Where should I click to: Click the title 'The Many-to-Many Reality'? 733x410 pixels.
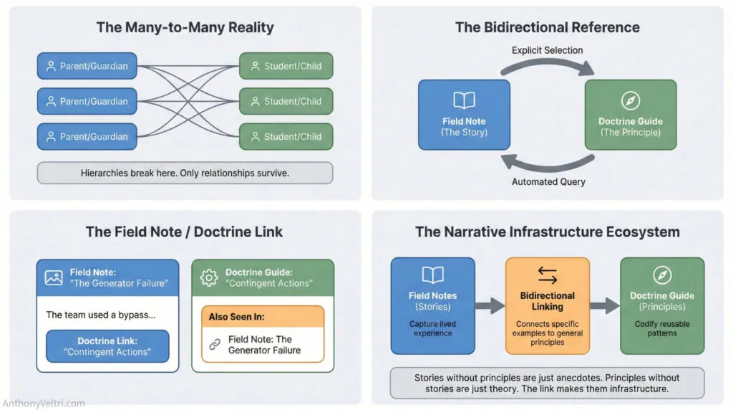point(185,28)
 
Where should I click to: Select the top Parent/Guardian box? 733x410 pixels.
point(87,66)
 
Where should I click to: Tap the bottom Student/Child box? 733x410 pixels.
point(286,136)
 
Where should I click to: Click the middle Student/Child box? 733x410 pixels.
point(286,101)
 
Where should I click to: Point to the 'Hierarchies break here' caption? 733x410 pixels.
point(185,173)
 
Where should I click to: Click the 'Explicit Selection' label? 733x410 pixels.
point(547,50)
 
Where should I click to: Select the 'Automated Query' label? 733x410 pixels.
point(548,181)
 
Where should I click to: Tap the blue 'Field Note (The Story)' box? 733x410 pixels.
point(464,115)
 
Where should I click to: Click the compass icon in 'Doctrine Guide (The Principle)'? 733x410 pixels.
point(630,100)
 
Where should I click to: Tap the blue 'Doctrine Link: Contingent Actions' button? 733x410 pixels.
point(107,346)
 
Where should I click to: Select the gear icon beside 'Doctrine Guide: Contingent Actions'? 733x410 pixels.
point(209,277)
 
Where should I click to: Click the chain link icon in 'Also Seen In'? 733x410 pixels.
point(214,345)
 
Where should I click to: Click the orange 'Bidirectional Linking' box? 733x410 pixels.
point(547,305)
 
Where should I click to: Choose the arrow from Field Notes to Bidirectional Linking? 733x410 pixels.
point(490,306)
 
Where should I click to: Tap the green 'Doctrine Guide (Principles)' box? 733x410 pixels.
point(661,305)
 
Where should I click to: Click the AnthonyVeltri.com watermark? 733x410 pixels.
point(44,403)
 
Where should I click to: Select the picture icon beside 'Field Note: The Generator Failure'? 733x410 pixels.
point(54,277)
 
